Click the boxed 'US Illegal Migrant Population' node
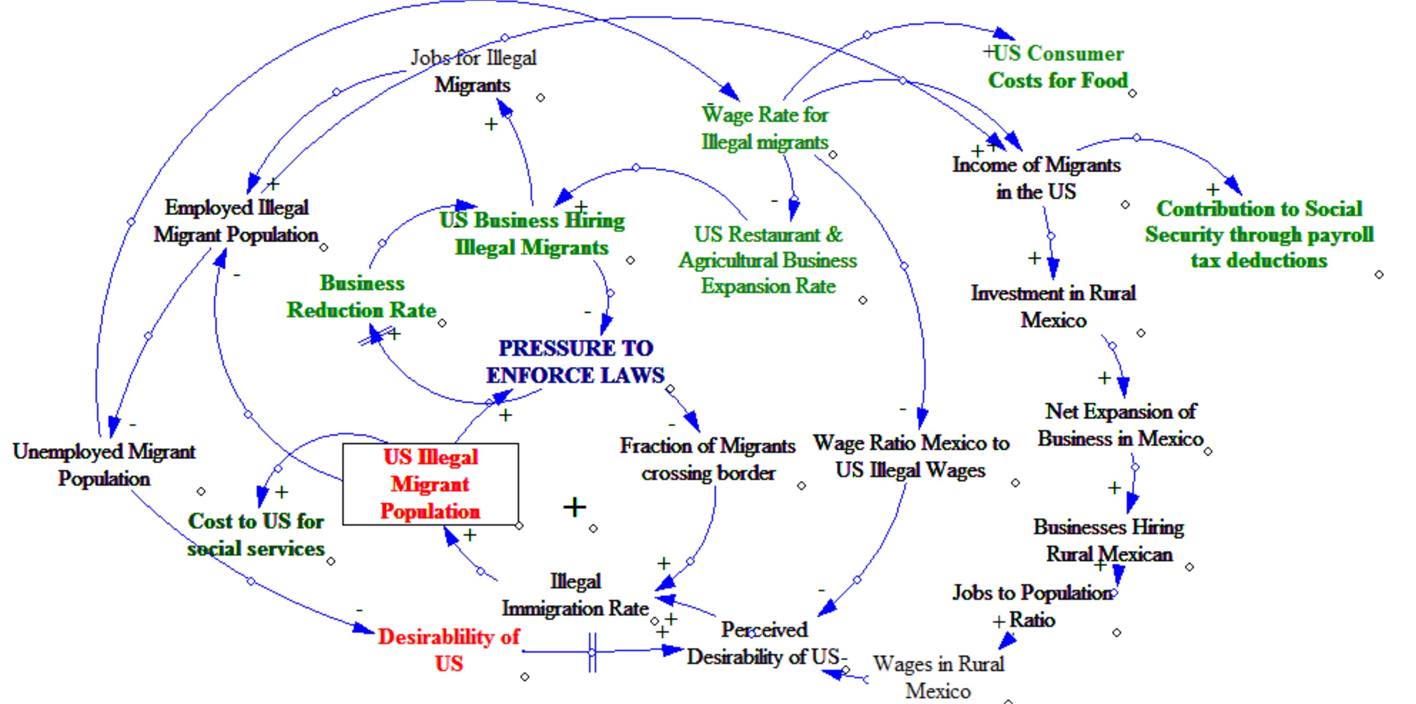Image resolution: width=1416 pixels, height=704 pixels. pos(430,484)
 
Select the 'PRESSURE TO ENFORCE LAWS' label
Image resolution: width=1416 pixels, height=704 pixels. pos(575,362)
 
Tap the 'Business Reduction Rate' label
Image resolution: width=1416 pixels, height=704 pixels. pos(362,297)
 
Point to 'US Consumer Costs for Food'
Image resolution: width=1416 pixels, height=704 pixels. pos(1058,67)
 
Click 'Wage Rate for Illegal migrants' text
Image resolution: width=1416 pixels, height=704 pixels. pos(764,128)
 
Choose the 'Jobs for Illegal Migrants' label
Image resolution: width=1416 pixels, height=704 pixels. pos(473,71)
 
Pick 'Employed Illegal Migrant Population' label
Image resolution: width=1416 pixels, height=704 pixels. pos(236,221)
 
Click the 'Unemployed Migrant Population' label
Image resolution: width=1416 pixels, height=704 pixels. pos(104,464)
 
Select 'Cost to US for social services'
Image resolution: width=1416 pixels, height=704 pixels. pos(256,535)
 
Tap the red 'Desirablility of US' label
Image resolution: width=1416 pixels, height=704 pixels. pos(449,650)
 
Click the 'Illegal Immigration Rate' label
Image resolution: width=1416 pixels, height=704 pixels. pos(575,594)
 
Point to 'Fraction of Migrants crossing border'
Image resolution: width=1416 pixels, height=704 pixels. pos(707,459)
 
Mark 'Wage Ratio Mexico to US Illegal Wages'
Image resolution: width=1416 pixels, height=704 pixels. pos(911,456)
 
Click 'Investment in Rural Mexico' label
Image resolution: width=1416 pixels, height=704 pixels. pos(1053,306)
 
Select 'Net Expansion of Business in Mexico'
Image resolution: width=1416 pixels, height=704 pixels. pos(1120,425)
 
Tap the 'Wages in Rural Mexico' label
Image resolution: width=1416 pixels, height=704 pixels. pos(938,677)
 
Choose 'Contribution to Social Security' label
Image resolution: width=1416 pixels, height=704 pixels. pos(1259,234)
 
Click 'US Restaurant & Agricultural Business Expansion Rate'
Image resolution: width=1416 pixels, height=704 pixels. pos(768,260)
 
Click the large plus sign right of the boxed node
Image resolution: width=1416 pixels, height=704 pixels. pos(575,507)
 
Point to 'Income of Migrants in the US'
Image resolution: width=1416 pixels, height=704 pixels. pos(1036,178)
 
